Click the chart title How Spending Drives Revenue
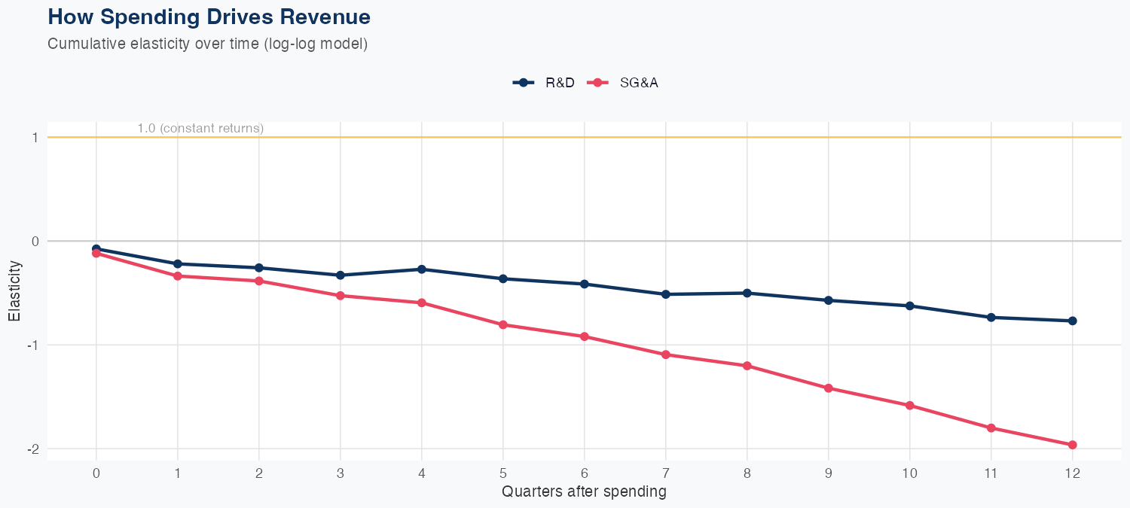tap(209, 17)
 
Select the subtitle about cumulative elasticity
tap(207, 44)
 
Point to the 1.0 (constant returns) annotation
tap(200, 128)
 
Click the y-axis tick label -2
tap(32, 449)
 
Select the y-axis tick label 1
tap(35, 137)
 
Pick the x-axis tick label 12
tap(1072, 473)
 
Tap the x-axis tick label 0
tap(96, 473)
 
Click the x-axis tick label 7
tap(665, 473)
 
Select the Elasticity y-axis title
tap(14, 292)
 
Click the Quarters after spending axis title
tap(584, 492)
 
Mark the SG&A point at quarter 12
tap(1072, 445)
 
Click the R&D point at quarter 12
tap(1072, 321)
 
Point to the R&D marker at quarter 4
tap(422, 269)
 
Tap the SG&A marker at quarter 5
tap(503, 324)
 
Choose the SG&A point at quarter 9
tap(829, 388)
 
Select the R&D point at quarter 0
tap(96, 248)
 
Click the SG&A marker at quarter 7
tap(666, 354)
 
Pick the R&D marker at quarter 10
tap(910, 306)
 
